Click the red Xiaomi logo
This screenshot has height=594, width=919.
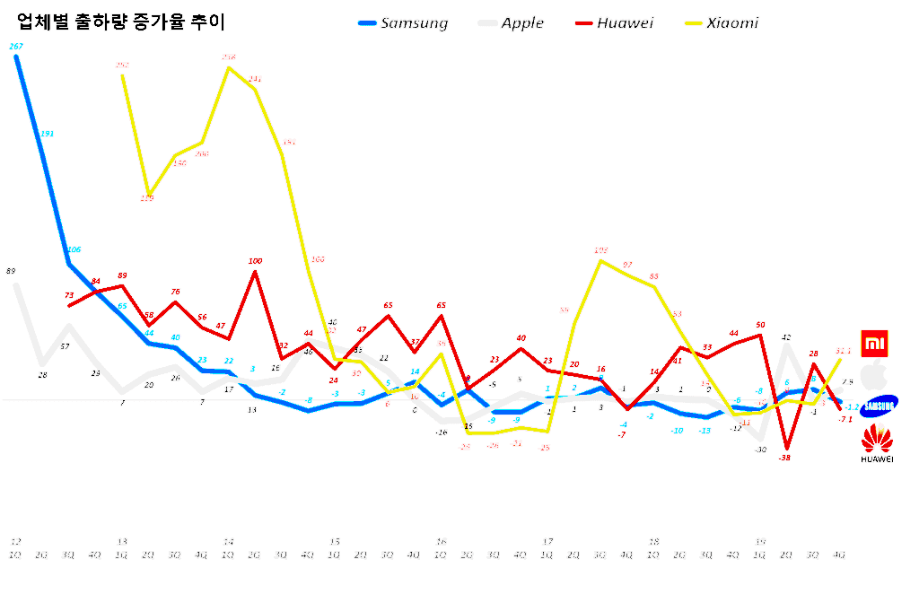[875, 344]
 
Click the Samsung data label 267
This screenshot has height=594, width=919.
[16, 47]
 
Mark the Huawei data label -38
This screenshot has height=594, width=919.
[784, 458]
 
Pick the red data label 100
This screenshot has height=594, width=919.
[255, 261]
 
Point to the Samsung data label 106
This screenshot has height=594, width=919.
[74, 249]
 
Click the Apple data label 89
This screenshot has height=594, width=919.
[11, 271]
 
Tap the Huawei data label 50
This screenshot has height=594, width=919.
[760, 325]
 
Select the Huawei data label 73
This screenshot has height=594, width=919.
[69, 295]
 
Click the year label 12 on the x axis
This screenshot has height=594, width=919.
[15, 542]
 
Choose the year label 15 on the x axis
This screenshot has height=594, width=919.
[335, 542]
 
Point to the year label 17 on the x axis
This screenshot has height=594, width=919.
[547, 542]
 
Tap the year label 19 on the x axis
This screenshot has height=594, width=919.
[759, 542]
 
